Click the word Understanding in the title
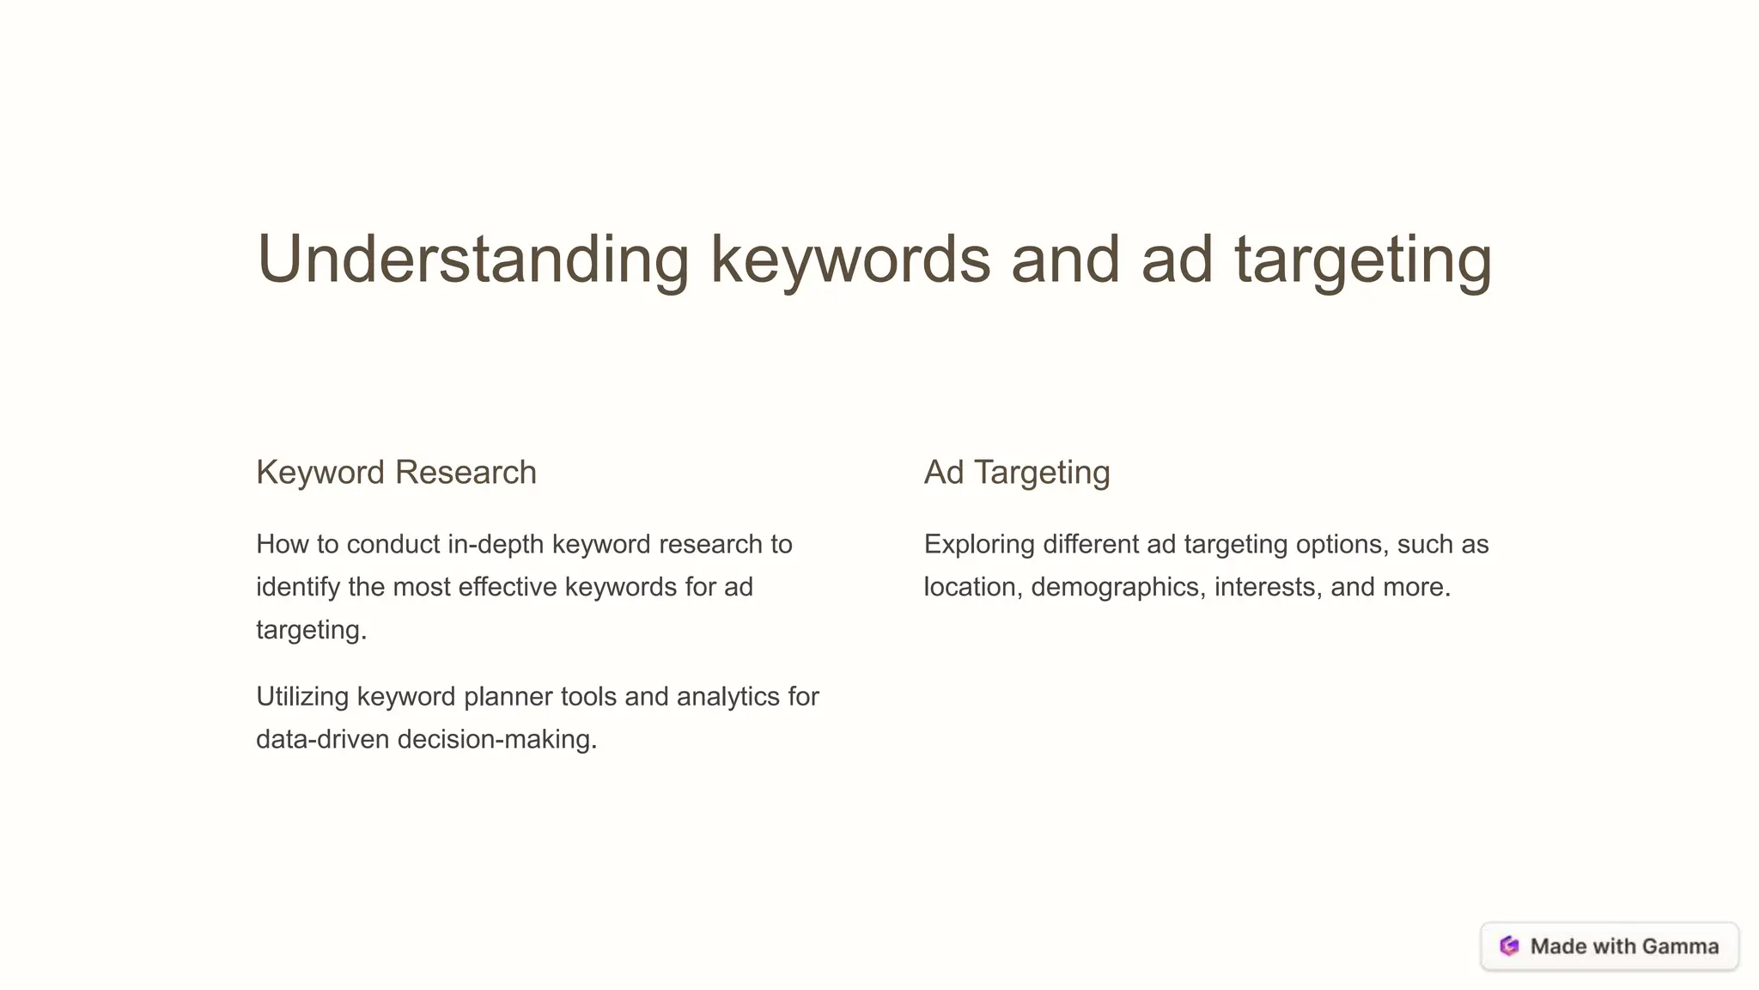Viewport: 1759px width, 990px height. tap(472, 260)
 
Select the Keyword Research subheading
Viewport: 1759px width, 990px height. tap(396, 473)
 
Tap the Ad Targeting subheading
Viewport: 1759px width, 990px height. tap(1016, 473)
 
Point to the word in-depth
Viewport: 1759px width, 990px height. tap(496, 544)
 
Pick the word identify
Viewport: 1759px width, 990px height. tap(298, 587)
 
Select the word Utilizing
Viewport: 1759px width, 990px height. tap(302, 696)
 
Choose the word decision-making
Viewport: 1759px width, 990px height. tap(496, 739)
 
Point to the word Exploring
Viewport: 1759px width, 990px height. tap(979, 544)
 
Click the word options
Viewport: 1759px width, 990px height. tap(1341, 544)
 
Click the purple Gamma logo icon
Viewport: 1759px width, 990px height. tap(1509, 946)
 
